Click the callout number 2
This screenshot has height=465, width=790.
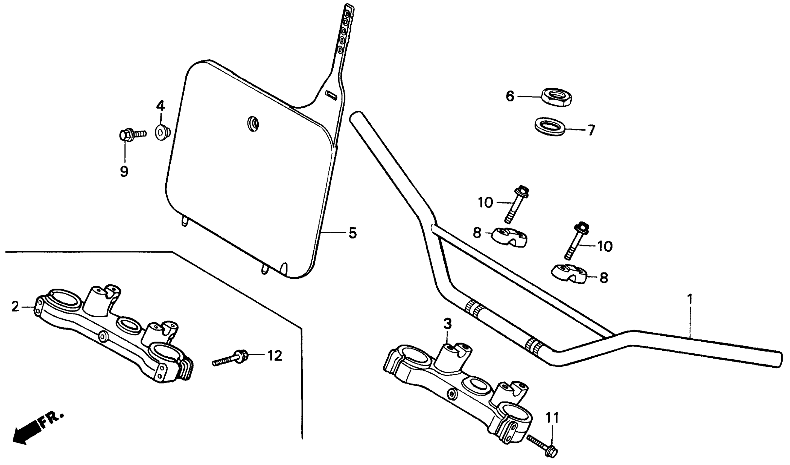click(x=15, y=307)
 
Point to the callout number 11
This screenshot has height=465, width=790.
click(x=552, y=418)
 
